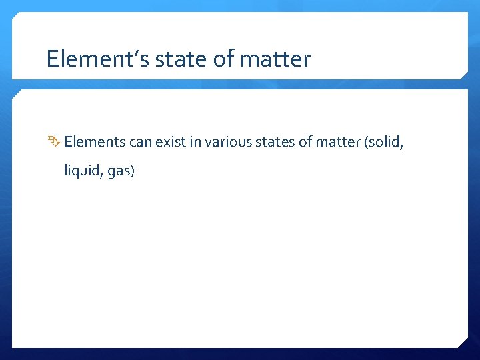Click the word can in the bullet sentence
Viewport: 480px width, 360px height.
[x=137, y=141]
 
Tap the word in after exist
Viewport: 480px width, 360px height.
[x=195, y=141]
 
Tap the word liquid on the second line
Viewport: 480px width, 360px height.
[x=81, y=171]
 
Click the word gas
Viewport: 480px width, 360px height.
[x=119, y=172]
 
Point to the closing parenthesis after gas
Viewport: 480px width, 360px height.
[x=133, y=171]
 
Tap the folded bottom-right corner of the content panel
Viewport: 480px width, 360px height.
[x=461, y=341]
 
